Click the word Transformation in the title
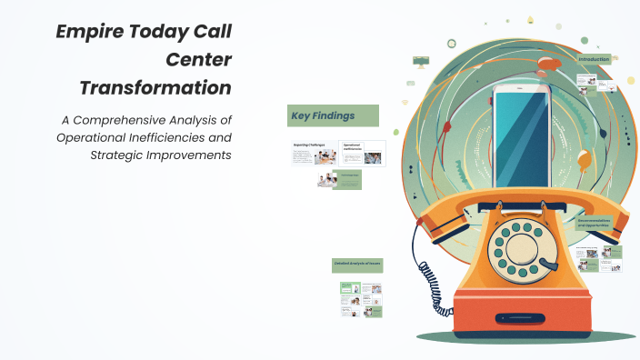click(155, 88)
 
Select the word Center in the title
click(197, 60)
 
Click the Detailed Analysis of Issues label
click(356, 265)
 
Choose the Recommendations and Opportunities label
click(596, 222)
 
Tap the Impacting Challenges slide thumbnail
click(313, 153)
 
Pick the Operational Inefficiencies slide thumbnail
click(362, 153)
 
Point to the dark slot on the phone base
click(522, 319)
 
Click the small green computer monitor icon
click(421, 61)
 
